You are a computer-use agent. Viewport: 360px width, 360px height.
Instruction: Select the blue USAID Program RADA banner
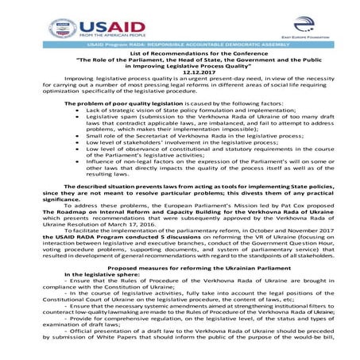pyautogui.click(x=180, y=46)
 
